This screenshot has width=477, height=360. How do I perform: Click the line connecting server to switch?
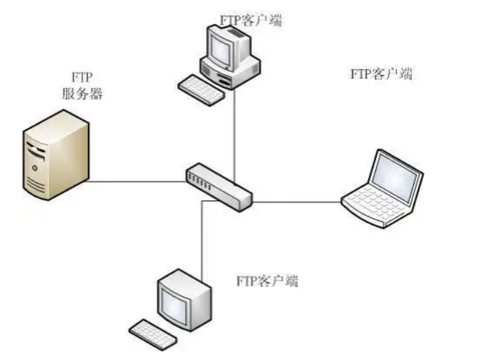point(138,182)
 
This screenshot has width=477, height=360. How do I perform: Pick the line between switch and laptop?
point(297,202)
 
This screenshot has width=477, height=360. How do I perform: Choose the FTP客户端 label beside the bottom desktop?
point(268,281)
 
